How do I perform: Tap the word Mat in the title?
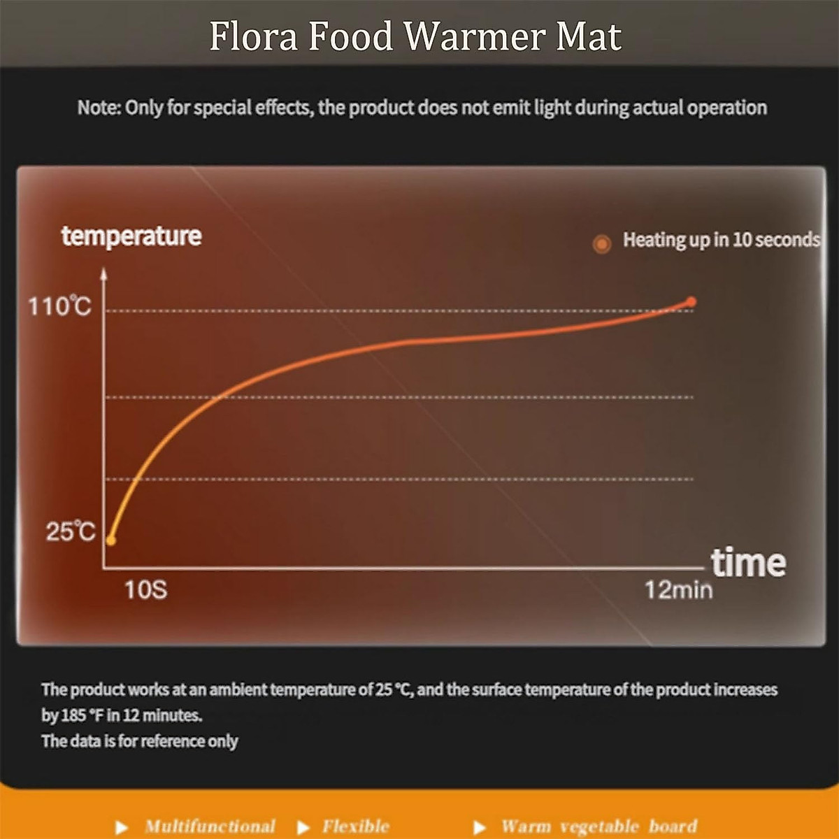point(589,36)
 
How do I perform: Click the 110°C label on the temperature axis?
point(59,306)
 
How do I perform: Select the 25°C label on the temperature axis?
point(70,531)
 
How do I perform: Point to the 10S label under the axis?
point(145,590)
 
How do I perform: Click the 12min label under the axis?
point(678,590)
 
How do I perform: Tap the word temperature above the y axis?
point(131,236)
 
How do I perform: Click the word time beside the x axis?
point(748,563)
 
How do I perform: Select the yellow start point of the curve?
point(110,540)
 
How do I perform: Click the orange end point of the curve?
point(691,302)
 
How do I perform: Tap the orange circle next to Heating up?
point(601,243)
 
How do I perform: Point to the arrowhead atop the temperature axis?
point(103,273)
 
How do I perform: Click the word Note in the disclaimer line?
point(99,108)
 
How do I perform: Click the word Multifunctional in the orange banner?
point(210,826)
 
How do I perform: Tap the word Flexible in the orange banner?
point(355,826)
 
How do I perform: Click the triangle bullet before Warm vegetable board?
point(480,828)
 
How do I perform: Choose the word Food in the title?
point(351,36)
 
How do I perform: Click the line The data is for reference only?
point(140,741)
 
